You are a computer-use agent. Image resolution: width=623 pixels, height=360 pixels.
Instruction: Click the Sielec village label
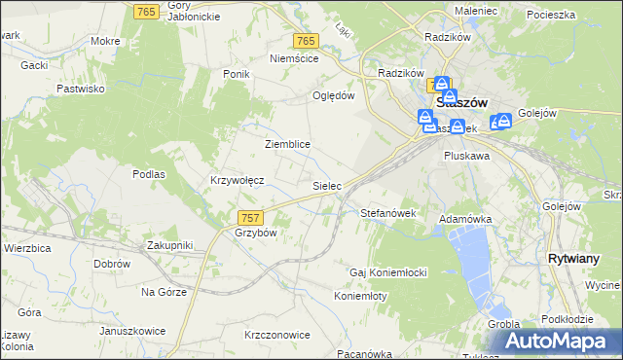pos(325,184)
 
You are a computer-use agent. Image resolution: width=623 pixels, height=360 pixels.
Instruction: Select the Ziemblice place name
pos(287,144)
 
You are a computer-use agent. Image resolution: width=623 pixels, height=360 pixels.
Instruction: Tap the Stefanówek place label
pos(388,212)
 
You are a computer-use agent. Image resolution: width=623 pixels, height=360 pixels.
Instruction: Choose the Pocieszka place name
pos(551,16)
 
